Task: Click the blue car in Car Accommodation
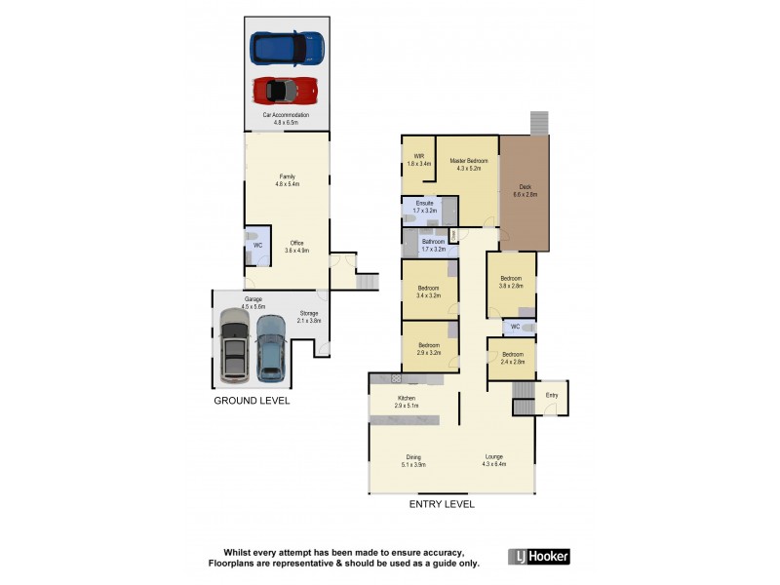286,48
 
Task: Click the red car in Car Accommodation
286,91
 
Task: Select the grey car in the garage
234,345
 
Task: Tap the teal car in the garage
270,349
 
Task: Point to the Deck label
525,190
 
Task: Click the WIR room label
418,160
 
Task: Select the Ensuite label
423,206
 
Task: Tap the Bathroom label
433,245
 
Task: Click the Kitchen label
406,401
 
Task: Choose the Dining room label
414,460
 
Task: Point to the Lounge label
494,460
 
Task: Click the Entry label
552,395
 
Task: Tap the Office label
295,247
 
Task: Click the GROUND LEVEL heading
252,401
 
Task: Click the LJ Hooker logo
538,557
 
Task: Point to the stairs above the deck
539,122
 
